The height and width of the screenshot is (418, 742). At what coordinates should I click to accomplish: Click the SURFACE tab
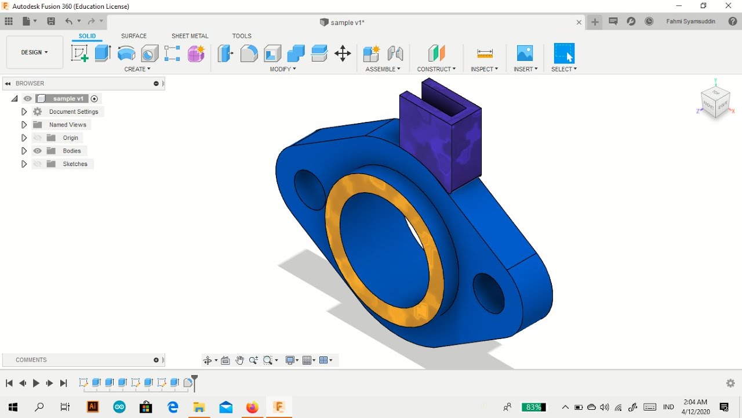pyautogui.click(x=133, y=36)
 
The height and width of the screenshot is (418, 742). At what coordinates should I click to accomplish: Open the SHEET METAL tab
pyautogui.click(x=190, y=36)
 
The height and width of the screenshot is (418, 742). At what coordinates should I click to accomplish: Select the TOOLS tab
pyautogui.click(x=242, y=36)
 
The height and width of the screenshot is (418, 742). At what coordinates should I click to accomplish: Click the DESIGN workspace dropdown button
pyautogui.click(x=34, y=52)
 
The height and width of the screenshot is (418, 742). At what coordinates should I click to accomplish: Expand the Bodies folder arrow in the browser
pyautogui.click(x=24, y=151)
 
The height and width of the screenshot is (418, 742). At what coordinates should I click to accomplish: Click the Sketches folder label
pyautogui.click(x=75, y=164)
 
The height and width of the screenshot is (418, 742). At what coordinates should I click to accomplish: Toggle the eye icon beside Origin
pyautogui.click(x=38, y=138)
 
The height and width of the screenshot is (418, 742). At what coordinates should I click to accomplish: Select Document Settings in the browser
pyautogui.click(x=74, y=112)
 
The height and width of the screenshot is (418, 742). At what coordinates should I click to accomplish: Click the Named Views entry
pyautogui.click(x=67, y=125)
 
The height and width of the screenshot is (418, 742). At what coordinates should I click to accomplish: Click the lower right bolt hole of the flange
pyautogui.click(x=488, y=293)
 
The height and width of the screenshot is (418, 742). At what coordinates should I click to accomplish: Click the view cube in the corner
pyautogui.click(x=715, y=102)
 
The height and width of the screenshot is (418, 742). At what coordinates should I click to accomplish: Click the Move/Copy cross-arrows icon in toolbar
pyautogui.click(x=343, y=53)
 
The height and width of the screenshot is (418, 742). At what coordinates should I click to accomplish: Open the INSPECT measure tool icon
pyautogui.click(x=485, y=53)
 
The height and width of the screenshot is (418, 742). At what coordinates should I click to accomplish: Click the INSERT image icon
pyautogui.click(x=525, y=53)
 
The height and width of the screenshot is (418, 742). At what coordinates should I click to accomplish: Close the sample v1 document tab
pyautogui.click(x=579, y=23)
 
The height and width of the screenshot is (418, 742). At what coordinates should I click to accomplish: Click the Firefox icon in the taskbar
pyautogui.click(x=252, y=407)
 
